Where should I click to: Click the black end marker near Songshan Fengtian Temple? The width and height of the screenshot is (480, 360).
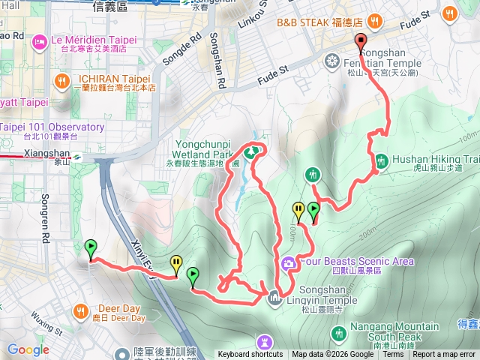pos(361,43)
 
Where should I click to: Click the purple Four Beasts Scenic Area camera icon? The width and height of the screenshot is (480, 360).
pos(289,263)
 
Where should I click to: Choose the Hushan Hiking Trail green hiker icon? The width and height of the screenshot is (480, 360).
pos(381,160)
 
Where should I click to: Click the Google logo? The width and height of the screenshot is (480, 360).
pos(28,349)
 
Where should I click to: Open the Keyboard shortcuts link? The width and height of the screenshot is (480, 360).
pos(250,355)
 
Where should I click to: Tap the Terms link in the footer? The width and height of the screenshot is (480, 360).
pos(393,355)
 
